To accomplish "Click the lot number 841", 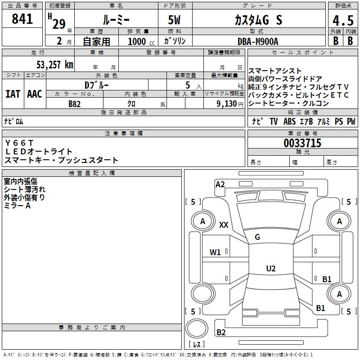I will pyautogui.click(x=22, y=19).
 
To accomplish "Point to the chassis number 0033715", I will pyautogui.click(x=302, y=143).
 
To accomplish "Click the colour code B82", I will pyautogui.click(x=75, y=103).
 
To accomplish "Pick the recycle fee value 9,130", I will pyautogui.click(x=224, y=103).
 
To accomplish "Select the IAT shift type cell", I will pyautogui.click(x=13, y=94).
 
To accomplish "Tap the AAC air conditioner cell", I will pyautogui.click(x=34, y=94).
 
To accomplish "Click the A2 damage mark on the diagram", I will pyautogui.click(x=220, y=184).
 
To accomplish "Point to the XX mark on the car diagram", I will pyautogui.click(x=223, y=225).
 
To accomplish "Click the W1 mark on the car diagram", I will pyautogui.click(x=216, y=252).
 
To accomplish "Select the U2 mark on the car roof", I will pyautogui.click(x=270, y=269).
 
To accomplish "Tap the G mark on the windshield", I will pyautogui.click(x=257, y=237).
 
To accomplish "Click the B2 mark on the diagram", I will pyautogui.click(x=221, y=333).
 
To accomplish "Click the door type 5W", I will pyautogui.click(x=175, y=21).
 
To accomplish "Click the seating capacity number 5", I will pyautogui.click(x=187, y=85).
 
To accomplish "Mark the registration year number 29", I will pyautogui.click(x=59, y=23).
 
